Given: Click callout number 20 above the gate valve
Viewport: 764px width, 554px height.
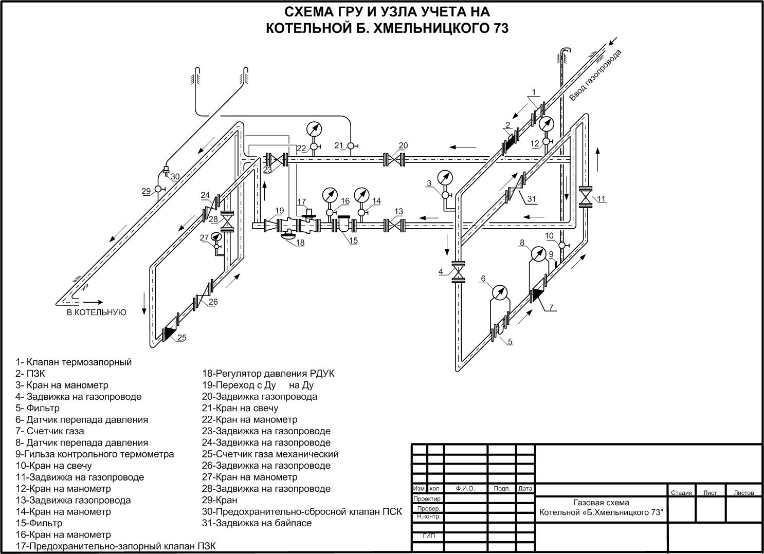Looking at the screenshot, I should (x=403, y=146).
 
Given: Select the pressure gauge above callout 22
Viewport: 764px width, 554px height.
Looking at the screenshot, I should (x=313, y=128).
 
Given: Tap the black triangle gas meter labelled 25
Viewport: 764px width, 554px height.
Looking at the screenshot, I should (x=168, y=334).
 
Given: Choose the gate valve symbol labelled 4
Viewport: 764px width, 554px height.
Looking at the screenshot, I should (x=458, y=272).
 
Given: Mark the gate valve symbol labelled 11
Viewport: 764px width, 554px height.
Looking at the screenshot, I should (x=585, y=197).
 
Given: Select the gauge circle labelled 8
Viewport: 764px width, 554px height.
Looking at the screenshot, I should (x=537, y=253).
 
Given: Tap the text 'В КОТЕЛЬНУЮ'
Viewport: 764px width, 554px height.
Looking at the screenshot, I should (x=96, y=312).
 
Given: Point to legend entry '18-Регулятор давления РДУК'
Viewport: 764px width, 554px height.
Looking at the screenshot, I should (x=268, y=374).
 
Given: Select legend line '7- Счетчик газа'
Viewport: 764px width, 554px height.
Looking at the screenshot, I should (x=50, y=431).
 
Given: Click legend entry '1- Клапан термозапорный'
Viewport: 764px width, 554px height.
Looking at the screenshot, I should (x=74, y=362).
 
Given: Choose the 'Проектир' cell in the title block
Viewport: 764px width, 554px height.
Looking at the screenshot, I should (x=427, y=498).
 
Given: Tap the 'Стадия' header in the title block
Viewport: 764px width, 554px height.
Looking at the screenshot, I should (x=681, y=492).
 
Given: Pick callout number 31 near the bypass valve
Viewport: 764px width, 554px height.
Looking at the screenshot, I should (x=532, y=199).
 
